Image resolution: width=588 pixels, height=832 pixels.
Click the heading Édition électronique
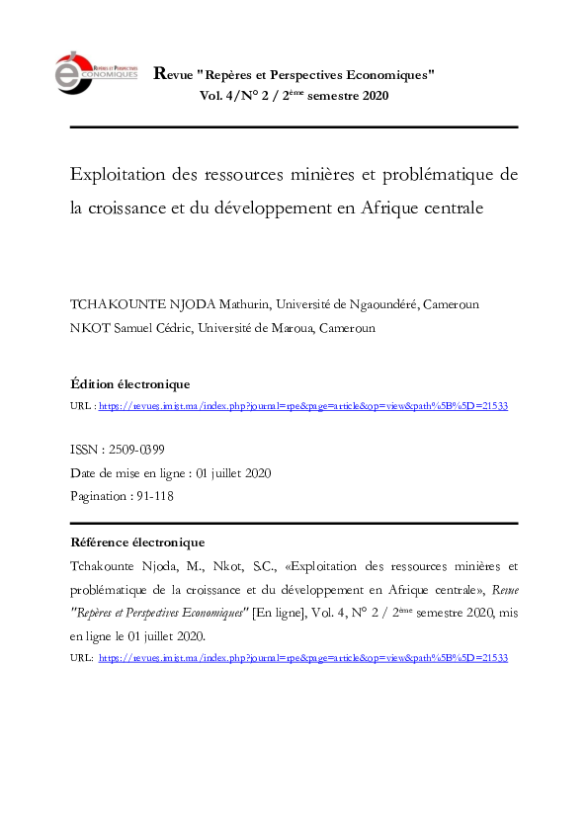click(x=130, y=383)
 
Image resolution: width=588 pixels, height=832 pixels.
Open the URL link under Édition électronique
click(x=303, y=406)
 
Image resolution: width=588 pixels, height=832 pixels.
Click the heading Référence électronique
click(x=138, y=541)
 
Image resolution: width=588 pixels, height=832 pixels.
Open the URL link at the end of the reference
click(x=303, y=657)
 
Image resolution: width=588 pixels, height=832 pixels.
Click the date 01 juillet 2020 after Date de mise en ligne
click(x=233, y=473)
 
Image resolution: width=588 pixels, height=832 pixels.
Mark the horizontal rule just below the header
click(x=294, y=127)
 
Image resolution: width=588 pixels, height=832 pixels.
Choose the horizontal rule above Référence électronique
click(x=294, y=523)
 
